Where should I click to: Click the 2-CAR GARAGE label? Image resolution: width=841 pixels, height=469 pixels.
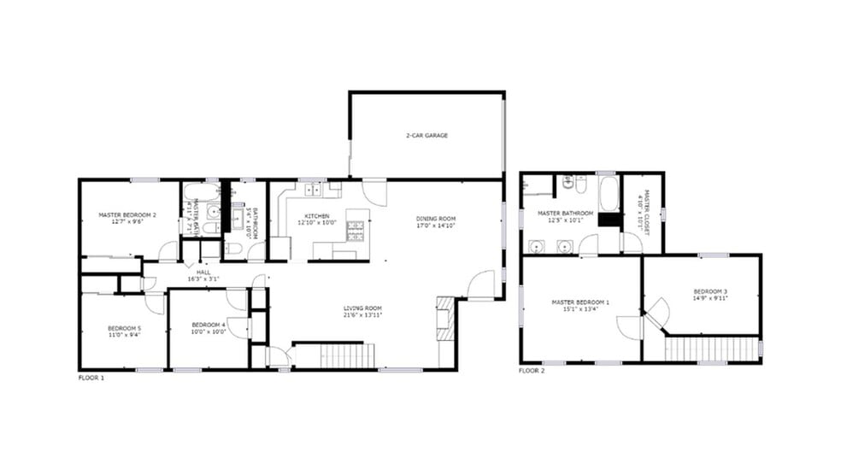click(x=426, y=136)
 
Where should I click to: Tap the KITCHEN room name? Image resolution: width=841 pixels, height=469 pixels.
click(x=313, y=216)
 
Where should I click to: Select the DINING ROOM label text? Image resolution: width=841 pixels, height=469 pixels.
click(x=436, y=217)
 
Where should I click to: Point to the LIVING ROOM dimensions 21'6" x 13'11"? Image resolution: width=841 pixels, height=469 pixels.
click(x=362, y=314)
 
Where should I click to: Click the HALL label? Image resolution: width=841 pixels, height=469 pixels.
click(x=203, y=272)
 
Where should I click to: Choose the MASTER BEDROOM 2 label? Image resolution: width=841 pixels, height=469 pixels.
click(x=126, y=215)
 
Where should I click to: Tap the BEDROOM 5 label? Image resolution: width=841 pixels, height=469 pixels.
click(x=124, y=328)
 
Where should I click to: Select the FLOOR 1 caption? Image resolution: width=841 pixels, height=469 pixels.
click(x=91, y=377)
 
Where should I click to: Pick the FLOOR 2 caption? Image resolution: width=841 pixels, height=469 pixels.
click(x=531, y=371)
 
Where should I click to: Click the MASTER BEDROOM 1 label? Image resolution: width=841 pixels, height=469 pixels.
click(x=580, y=302)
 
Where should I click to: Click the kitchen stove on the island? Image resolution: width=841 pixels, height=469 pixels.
click(x=356, y=229)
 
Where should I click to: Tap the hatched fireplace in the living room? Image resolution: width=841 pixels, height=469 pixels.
click(x=445, y=319)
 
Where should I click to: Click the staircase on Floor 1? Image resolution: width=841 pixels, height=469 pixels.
click(x=347, y=355)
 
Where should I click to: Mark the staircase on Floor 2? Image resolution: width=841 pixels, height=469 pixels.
click(x=711, y=349)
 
